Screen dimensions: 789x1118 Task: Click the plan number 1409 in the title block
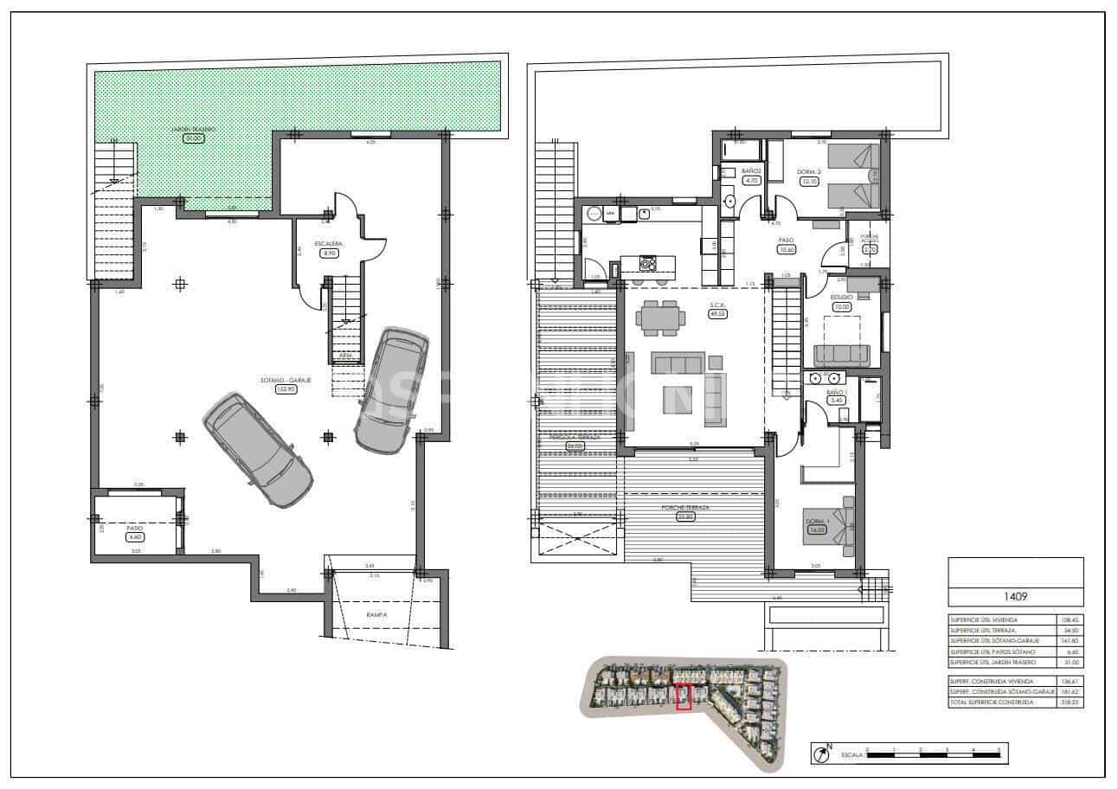[1015, 596]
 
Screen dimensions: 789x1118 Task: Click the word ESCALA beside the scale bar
[851, 755]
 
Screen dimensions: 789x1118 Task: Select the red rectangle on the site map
[683, 696]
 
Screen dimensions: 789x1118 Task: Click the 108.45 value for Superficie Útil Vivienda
[1070, 619]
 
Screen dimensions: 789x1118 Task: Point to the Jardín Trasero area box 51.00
[192, 138]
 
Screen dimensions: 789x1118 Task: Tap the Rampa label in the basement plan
[376, 614]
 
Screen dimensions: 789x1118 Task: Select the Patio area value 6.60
[134, 536]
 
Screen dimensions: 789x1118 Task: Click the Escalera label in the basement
[328, 244]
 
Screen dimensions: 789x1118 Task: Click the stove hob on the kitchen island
[647, 262]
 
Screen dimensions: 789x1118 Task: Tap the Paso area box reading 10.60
[787, 250]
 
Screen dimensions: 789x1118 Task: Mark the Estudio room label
[841, 297]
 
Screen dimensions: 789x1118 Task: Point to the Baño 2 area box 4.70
[751, 181]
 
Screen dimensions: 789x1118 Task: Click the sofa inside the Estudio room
[841, 354]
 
